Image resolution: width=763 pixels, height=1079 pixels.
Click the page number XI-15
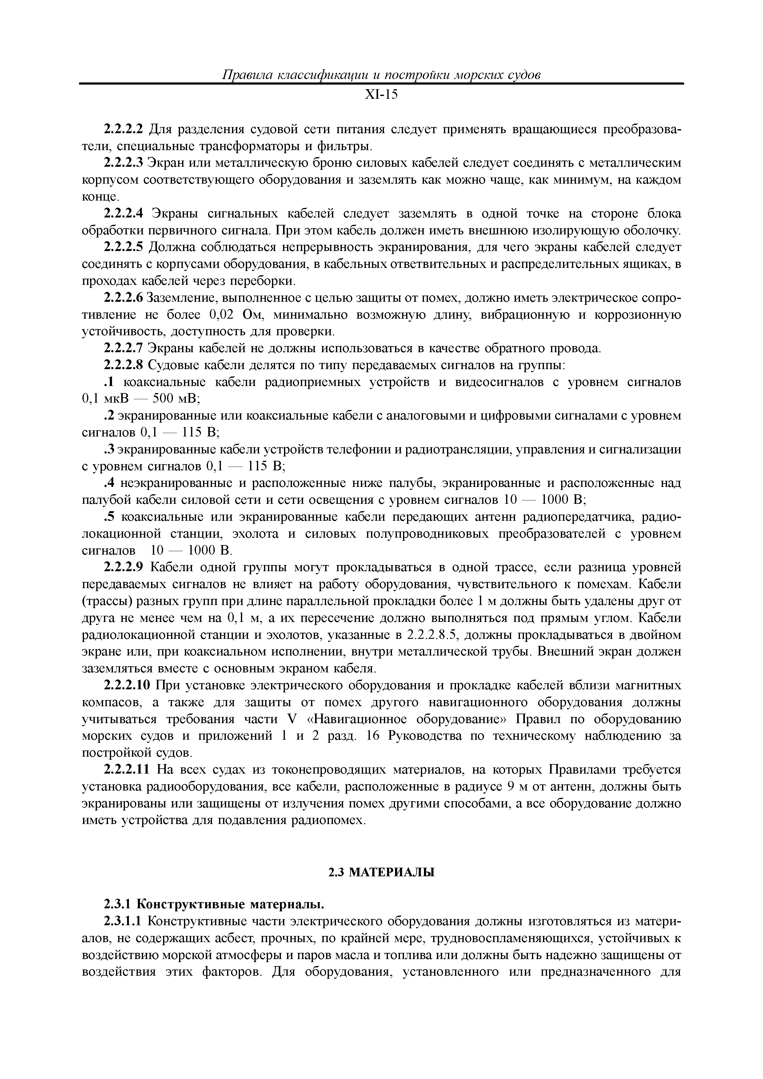tap(381, 95)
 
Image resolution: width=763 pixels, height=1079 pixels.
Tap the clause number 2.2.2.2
tap(123, 129)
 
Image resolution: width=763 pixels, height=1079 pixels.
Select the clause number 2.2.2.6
tap(123, 298)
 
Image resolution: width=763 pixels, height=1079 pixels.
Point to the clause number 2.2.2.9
tap(123, 568)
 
